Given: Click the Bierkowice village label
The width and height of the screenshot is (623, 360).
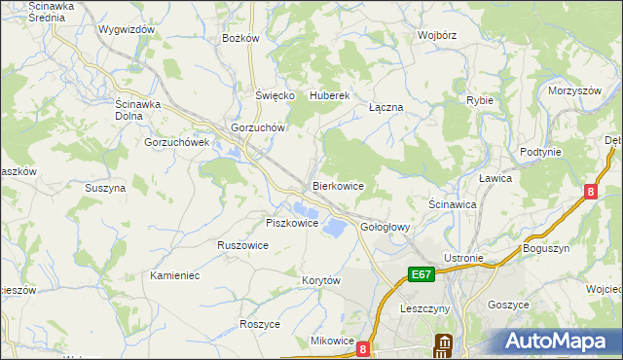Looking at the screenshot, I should click(x=338, y=185).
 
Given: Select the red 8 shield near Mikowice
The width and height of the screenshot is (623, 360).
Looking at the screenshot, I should click(x=363, y=347).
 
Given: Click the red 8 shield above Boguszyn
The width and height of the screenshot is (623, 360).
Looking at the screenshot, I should click(x=591, y=193).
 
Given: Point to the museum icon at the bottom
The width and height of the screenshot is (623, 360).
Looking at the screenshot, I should click(x=444, y=345).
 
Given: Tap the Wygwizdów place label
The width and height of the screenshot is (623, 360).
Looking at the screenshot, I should click(x=127, y=29).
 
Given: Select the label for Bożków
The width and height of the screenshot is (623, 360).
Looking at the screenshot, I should click(x=240, y=38).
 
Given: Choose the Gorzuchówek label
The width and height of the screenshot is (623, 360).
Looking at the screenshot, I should click(x=177, y=142).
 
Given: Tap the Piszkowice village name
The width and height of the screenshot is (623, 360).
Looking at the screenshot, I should click(x=292, y=223).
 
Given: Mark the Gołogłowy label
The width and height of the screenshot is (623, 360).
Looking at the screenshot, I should click(x=386, y=227).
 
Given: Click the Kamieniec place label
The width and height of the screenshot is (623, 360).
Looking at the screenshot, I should click(x=175, y=276).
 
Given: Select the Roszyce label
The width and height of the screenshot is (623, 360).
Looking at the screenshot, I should click(x=260, y=324).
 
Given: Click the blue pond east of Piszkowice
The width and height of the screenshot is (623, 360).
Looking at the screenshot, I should click(x=333, y=227).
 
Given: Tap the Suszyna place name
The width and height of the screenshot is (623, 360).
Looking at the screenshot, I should click(x=105, y=188).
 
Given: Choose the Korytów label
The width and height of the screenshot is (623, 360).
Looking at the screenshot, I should click(x=321, y=280).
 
